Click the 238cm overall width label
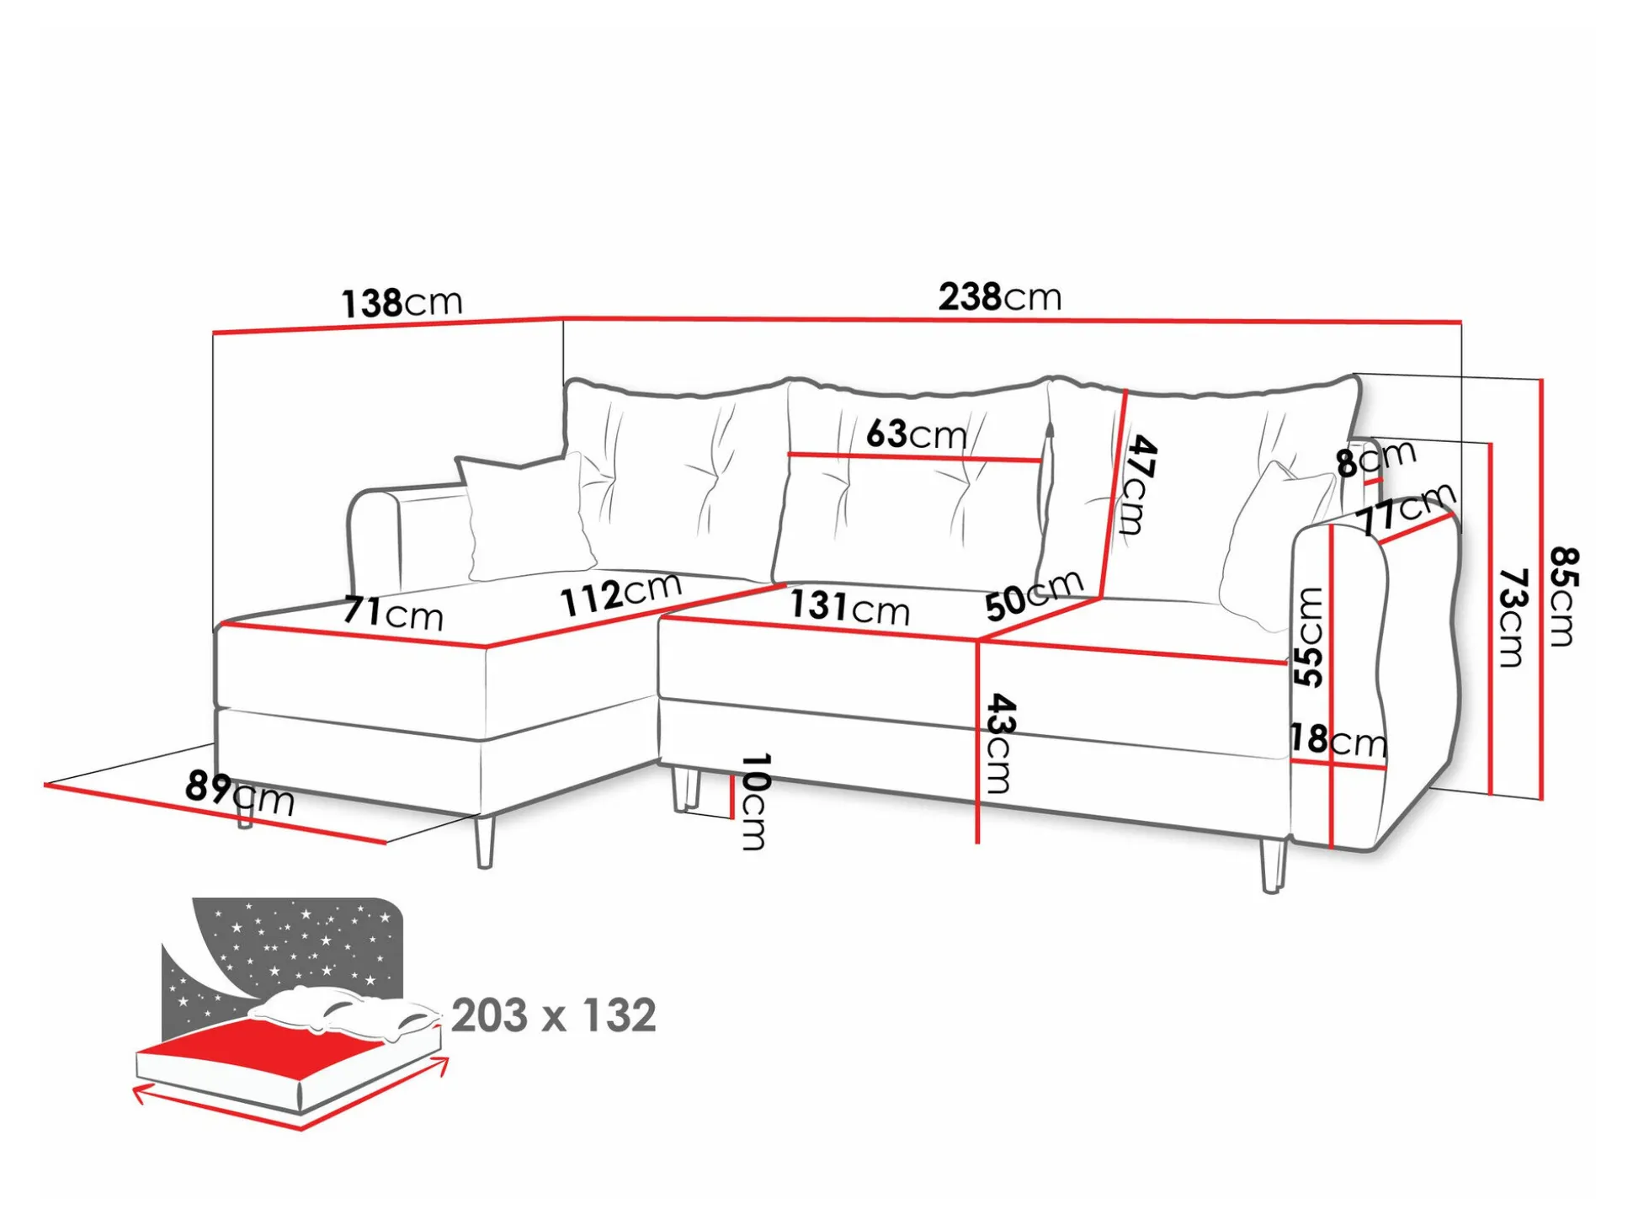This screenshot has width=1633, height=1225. pyautogui.click(x=999, y=296)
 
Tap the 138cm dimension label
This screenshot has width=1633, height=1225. pyautogui.click(x=402, y=302)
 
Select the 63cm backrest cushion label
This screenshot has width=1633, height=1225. pyautogui.click(x=916, y=434)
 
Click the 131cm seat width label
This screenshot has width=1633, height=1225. pyautogui.click(x=849, y=607)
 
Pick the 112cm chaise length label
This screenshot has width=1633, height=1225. pyautogui.click(x=620, y=594)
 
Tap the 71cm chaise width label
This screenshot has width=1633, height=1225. pyautogui.click(x=392, y=613)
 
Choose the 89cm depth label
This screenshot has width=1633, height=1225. pyautogui.click(x=239, y=792)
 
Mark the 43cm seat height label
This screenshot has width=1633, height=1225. pyautogui.click(x=998, y=743)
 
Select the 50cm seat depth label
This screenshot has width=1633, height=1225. pyautogui.click(x=1034, y=594)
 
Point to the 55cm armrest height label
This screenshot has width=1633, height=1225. pyautogui.click(x=1308, y=636)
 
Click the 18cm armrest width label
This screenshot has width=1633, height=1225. pyautogui.click(x=1338, y=740)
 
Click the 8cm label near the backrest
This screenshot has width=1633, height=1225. pyautogui.click(x=1375, y=459)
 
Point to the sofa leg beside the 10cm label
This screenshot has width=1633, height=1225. pyautogui.click(x=686, y=788)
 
